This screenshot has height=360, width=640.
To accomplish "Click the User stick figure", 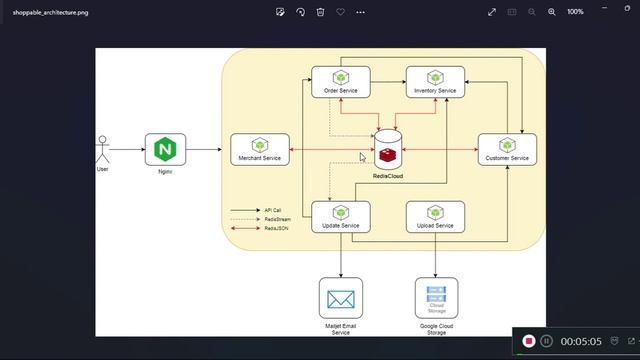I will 101,149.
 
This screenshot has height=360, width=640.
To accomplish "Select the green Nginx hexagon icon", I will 165,150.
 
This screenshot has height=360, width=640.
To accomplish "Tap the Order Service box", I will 340,82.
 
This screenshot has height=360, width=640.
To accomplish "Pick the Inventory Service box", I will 435,82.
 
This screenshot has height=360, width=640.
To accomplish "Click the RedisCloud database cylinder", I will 388,150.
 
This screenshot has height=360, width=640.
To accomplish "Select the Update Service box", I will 340,217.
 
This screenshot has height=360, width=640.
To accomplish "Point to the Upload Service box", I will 435,217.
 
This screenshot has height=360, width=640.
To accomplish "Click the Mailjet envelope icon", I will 340,298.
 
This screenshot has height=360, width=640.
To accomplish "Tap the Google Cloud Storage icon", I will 436,298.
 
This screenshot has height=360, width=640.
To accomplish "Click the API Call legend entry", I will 257,210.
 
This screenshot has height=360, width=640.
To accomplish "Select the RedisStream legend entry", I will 257,219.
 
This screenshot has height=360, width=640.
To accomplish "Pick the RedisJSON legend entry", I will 257,228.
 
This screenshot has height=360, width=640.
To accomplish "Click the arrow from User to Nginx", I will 126,150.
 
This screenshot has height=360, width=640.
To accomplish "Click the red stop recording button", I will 528,341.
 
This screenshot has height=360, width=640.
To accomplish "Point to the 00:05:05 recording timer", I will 581,341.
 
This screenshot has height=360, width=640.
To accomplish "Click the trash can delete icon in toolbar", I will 320,12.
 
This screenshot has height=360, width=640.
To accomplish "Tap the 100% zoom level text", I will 575,12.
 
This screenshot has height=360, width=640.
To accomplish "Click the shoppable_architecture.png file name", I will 49,12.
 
